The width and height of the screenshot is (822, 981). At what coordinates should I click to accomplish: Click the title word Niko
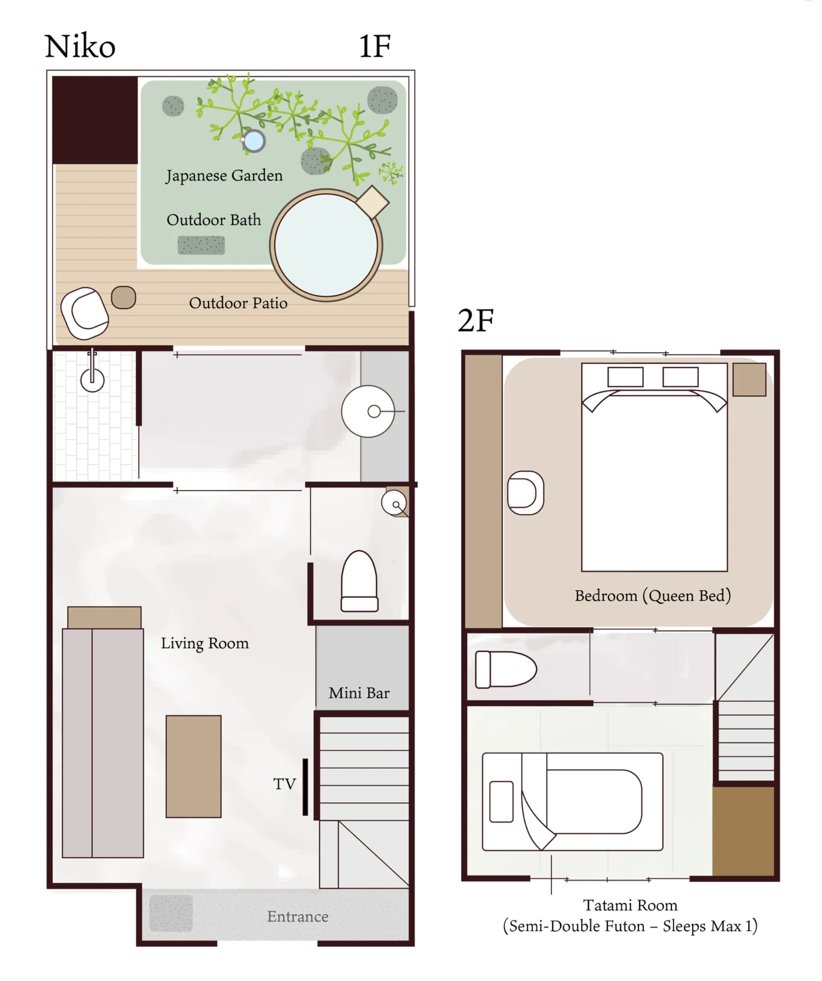[80, 47]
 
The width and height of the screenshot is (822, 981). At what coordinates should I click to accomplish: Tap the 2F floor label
[475, 321]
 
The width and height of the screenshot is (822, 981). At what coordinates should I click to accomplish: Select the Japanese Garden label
[224, 176]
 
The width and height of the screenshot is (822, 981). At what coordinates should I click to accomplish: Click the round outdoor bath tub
[326, 245]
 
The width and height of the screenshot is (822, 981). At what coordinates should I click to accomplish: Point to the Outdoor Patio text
[238, 303]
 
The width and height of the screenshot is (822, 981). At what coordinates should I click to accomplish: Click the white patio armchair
[85, 313]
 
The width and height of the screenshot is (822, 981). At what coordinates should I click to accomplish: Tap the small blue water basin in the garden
[253, 140]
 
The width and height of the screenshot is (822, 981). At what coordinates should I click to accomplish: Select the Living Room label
[205, 644]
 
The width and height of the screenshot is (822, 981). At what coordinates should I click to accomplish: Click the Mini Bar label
[359, 693]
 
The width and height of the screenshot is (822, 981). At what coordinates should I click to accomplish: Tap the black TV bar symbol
[305, 787]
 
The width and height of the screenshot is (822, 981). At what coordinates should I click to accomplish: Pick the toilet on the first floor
[359, 582]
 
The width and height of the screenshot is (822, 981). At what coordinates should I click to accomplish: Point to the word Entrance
[298, 916]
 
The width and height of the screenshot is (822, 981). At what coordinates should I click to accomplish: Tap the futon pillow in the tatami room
[501, 802]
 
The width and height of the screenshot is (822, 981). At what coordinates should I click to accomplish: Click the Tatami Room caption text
[630, 905]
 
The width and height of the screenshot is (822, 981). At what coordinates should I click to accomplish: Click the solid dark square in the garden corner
[95, 120]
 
